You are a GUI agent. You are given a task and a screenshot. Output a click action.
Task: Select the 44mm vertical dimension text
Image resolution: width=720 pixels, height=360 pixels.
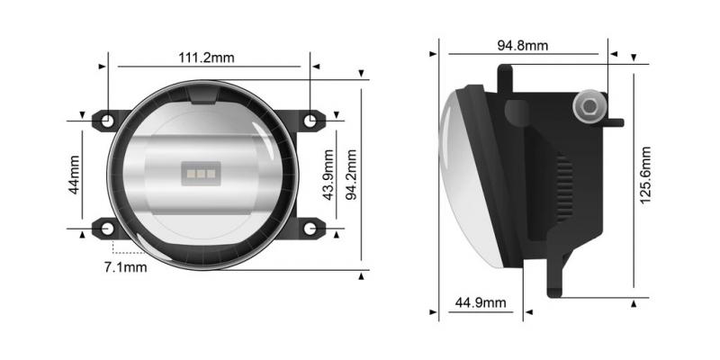pyautogui.click(x=75, y=174)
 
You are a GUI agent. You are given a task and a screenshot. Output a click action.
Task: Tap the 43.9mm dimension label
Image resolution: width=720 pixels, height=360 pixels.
pyautogui.click(x=329, y=180)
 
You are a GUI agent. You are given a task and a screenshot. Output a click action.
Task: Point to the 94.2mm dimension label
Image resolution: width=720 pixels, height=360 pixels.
pyautogui.click(x=353, y=180)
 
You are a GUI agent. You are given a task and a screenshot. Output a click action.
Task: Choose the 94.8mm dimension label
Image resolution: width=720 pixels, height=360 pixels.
pyautogui.click(x=522, y=45)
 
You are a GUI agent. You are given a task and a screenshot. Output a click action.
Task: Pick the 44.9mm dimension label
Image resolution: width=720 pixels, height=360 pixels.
pyautogui.click(x=481, y=302)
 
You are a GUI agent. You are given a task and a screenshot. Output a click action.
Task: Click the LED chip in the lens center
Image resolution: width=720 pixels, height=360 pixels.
pyautogui.click(x=200, y=172)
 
